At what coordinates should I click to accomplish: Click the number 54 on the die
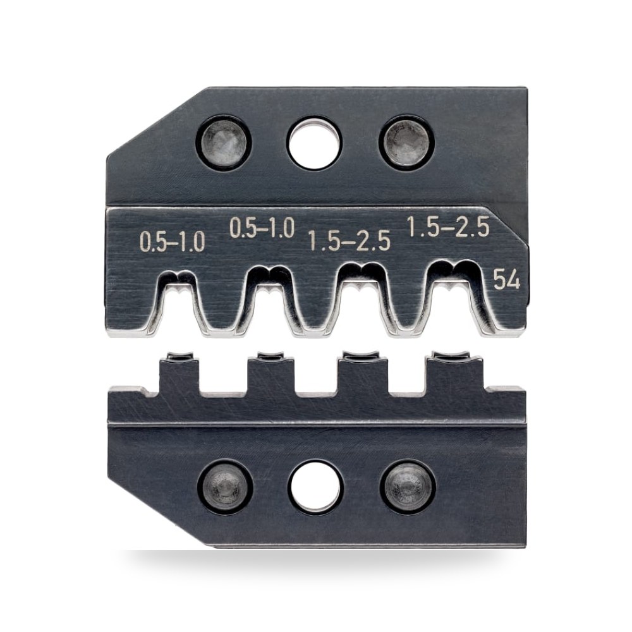click(507, 279)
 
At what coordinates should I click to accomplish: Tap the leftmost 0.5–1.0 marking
click(173, 242)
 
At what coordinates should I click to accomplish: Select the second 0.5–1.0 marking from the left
click(262, 228)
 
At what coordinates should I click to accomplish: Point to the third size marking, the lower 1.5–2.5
click(349, 241)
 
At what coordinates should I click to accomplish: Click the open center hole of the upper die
click(314, 143)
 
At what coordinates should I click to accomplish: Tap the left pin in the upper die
click(224, 143)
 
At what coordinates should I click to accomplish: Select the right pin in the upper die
click(406, 143)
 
